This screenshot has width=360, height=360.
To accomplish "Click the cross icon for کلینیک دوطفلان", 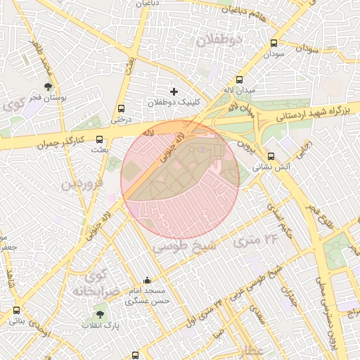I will pyautogui.click(x=174, y=91).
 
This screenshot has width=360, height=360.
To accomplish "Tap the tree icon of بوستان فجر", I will pyautogui.click(x=48, y=87).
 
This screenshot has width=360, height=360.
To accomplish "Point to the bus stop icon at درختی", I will pyautogui.click(x=122, y=108).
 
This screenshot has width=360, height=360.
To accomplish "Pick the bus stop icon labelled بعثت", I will pyautogui.click(x=98, y=139).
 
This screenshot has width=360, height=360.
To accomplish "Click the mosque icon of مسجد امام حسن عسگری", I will pyautogui.click(x=147, y=280).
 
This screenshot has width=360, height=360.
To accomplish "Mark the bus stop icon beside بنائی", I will pyautogui.click(x=16, y=310).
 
